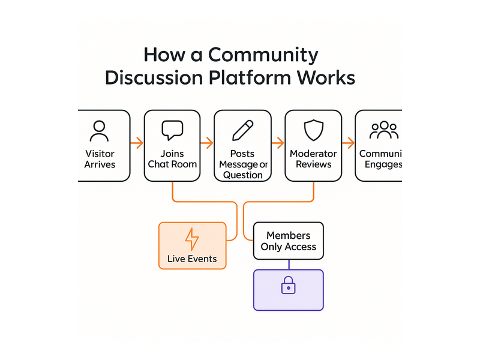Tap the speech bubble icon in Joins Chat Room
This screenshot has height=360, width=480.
click(x=172, y=130)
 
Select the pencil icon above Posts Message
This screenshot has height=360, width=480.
click(x=242, y=130)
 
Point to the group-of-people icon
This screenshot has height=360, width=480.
click(x=383, y=130)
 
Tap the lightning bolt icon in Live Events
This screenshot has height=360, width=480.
click(x=192, y=239)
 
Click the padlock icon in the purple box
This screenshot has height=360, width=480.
click(x=288, y=286)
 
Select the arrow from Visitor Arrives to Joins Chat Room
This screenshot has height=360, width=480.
click(x=137, y=143)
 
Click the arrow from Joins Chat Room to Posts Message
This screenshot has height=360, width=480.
click(x=207, y=143)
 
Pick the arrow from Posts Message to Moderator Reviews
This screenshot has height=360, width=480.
click(x=277, y=143)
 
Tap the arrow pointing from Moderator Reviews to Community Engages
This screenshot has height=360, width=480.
click(x=348, y=143)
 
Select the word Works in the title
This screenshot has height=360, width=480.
click(x=326, y=78)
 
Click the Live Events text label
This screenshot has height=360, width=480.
click(x=192, y=260)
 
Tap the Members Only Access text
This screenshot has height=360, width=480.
click(x=288, y=241)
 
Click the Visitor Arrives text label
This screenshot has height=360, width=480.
click(x=100, y=159)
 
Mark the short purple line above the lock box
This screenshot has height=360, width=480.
click(x=288, y=265)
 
